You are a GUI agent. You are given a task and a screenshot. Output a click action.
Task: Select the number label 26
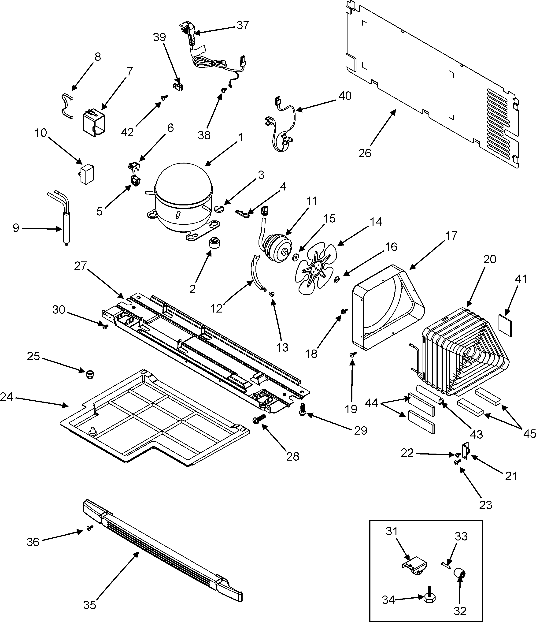pos(365,153)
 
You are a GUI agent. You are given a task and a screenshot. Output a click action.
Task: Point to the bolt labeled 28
pos(260,418)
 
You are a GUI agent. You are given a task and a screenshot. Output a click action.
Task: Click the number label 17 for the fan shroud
pos(451,236)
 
